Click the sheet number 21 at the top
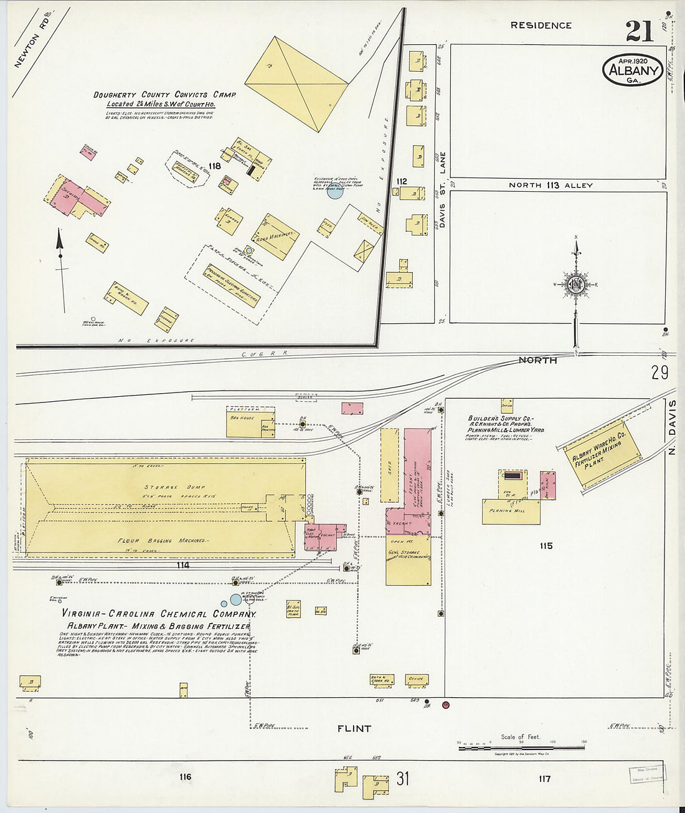click(x=640, y=31)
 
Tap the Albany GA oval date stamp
click(x=633, y=70)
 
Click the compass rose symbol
click(x=576, y=284)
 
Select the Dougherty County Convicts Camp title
click(x=164, y=95)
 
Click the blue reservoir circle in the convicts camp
click(x=335, y=191)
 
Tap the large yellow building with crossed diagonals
click(x=296, y=83)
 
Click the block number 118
click(x=215, y=166)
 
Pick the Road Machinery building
click(x=276, y=236)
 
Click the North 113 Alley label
click(x=550, y=185)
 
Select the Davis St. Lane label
click(x=443, y=189)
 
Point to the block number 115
click(x=546, y=546)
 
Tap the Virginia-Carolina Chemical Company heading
click(x=159, y=614)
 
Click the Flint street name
click(x=354, y=728)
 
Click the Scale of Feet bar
click(x=522, y=747)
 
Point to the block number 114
click(x=182, y=566)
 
